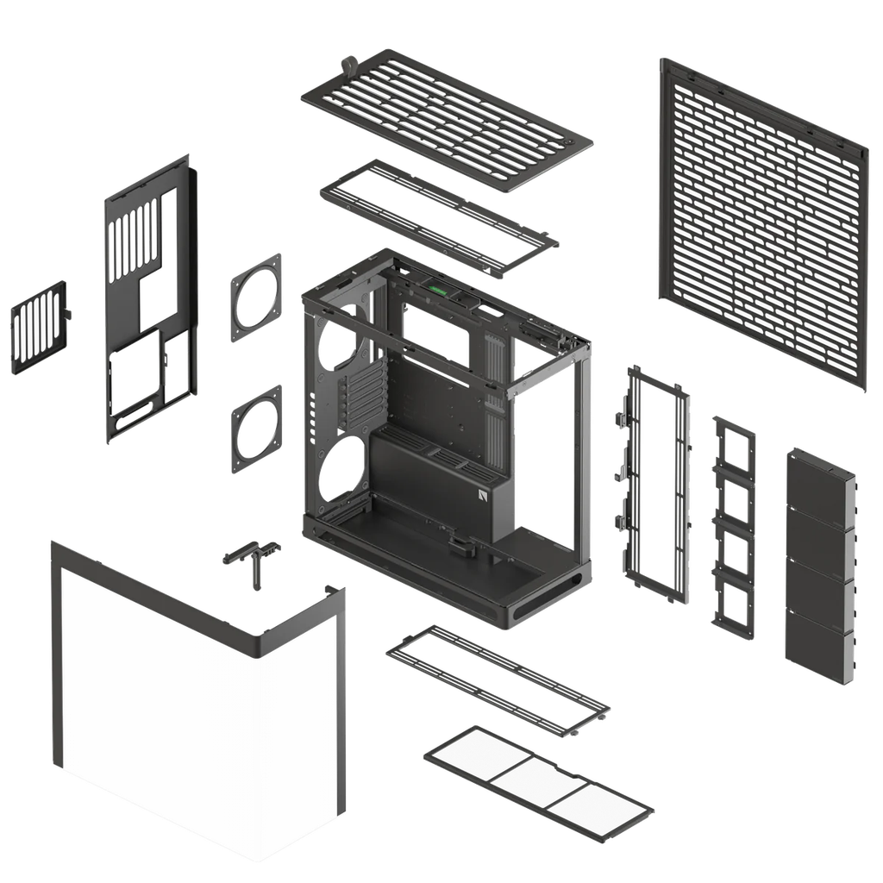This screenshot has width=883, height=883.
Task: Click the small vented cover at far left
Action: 40,327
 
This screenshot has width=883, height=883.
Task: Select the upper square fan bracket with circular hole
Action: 256,297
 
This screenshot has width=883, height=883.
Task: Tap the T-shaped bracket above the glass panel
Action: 251,557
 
